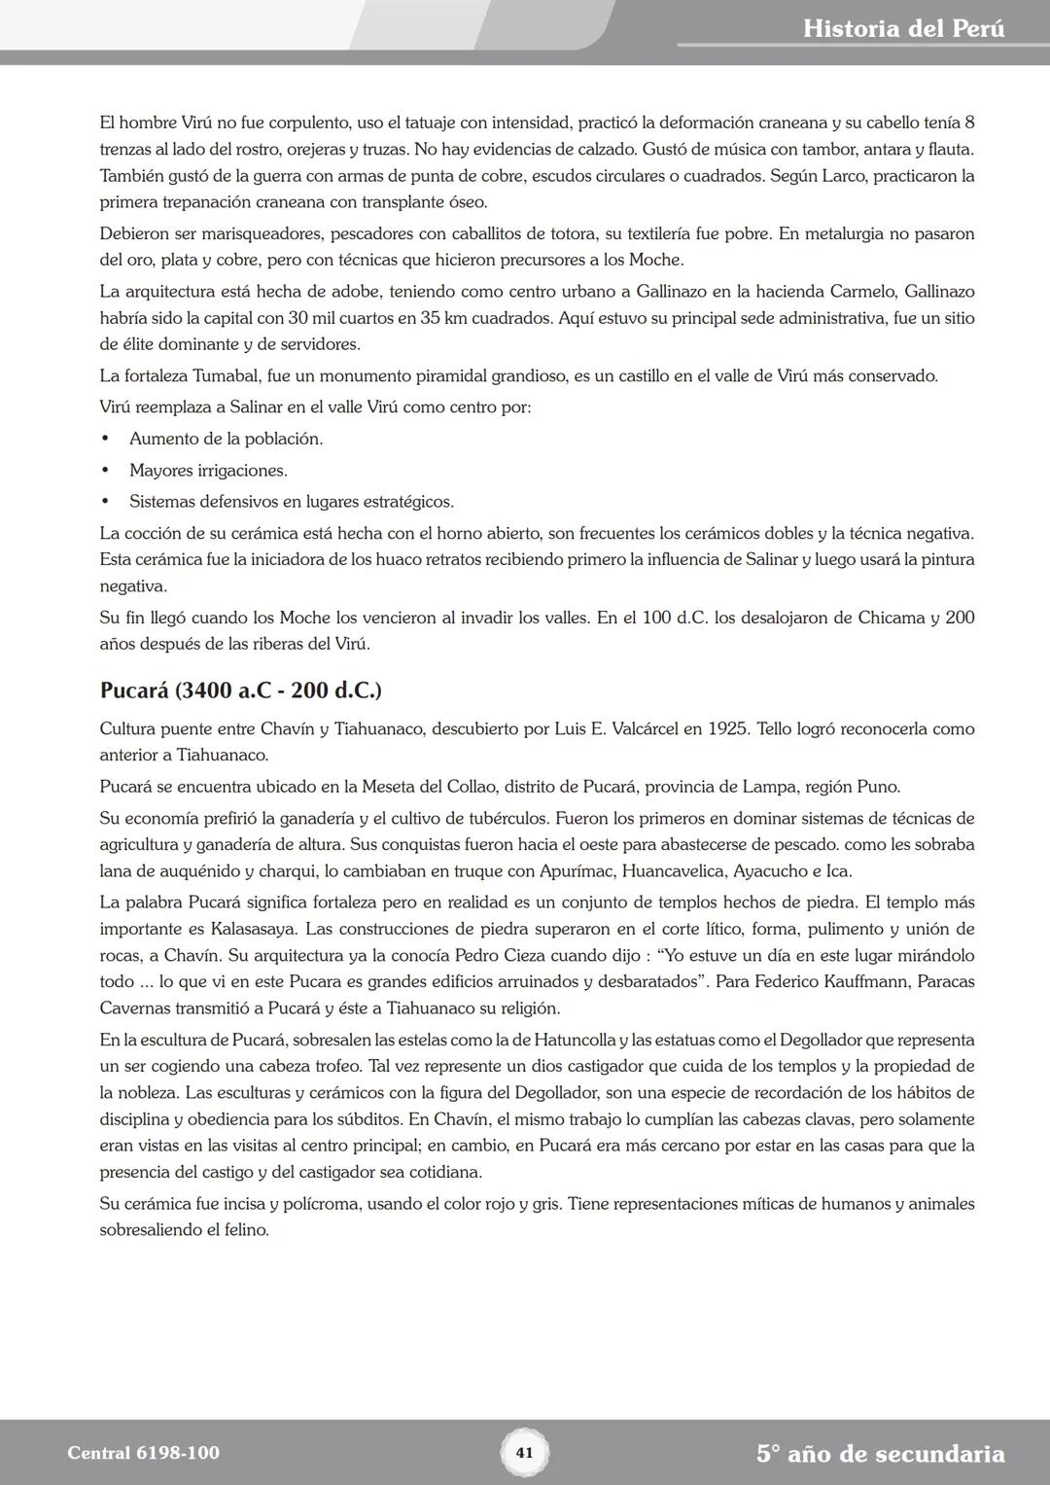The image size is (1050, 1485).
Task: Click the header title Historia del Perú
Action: click(x=903, y=28)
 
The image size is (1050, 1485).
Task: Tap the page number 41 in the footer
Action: click(x=524, y=1453)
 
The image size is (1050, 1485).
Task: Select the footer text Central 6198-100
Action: click(x=143, y=1453)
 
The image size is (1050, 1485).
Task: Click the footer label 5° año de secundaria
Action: click(x=880, y=1454)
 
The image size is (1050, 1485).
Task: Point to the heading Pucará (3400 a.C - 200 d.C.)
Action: click(x=240, y=690)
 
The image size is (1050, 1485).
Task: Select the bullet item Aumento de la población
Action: click(x=226, y=439)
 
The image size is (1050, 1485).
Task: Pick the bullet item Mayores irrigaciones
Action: click(x=208, y=471)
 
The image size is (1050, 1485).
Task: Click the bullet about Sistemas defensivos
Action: click(x=291, y=502)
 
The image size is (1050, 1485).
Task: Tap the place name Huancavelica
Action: click(x=673, y=870)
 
